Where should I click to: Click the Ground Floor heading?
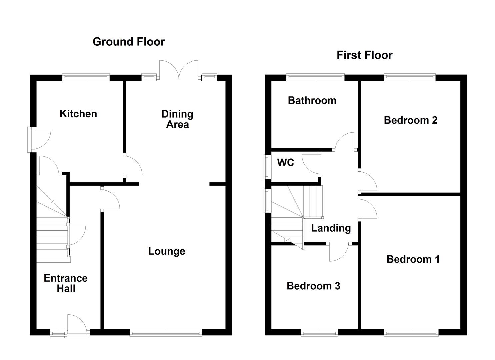129,42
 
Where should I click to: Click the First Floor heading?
364,55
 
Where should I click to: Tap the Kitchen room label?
78,114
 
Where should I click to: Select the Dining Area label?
177,119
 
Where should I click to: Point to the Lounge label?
167,251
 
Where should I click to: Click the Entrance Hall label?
66,283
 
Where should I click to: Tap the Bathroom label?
312,100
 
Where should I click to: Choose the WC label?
286,163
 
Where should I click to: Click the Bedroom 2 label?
410,120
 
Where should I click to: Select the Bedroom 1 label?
413,259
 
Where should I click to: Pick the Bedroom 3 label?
313,286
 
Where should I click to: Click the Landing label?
331,228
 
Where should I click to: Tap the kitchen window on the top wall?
86,77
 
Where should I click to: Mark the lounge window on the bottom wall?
166,332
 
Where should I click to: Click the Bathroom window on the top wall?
315,77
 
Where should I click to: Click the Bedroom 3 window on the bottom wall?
320,332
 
